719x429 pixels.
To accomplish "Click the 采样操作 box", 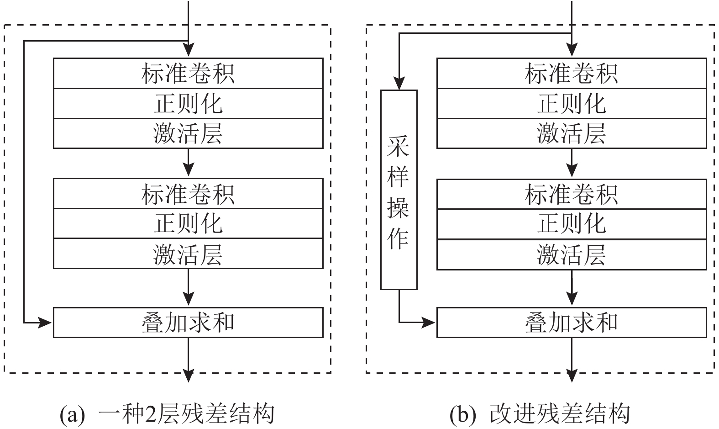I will (x=399, y=190).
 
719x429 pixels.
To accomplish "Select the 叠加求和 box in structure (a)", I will (x=188, y=323).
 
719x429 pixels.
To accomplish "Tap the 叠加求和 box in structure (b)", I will (x=572, y=323).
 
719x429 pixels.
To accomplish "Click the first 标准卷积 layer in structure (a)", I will (x=188, y=73).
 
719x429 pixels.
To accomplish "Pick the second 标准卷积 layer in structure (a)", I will (x=188, y=194).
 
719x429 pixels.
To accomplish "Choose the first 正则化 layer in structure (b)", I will (x=572, y=104).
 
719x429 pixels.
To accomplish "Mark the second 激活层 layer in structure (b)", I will (x=572, y=254).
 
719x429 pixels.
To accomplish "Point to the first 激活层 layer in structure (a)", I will (x=188, y=133).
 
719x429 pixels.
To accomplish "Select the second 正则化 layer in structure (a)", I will (x=188, y=224).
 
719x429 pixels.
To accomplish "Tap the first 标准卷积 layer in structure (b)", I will (x=572, y=73).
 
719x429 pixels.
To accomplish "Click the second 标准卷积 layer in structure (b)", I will (x=572, y=194).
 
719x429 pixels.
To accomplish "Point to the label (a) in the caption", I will (x=73, y=414).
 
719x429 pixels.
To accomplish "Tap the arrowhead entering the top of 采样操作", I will (x=399, y=84).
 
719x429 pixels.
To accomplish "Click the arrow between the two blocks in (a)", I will (x=188, y=163).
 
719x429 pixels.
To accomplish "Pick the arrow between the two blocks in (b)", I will (x=572, y=163).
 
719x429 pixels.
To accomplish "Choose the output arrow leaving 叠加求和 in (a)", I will (x=188, y=361).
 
